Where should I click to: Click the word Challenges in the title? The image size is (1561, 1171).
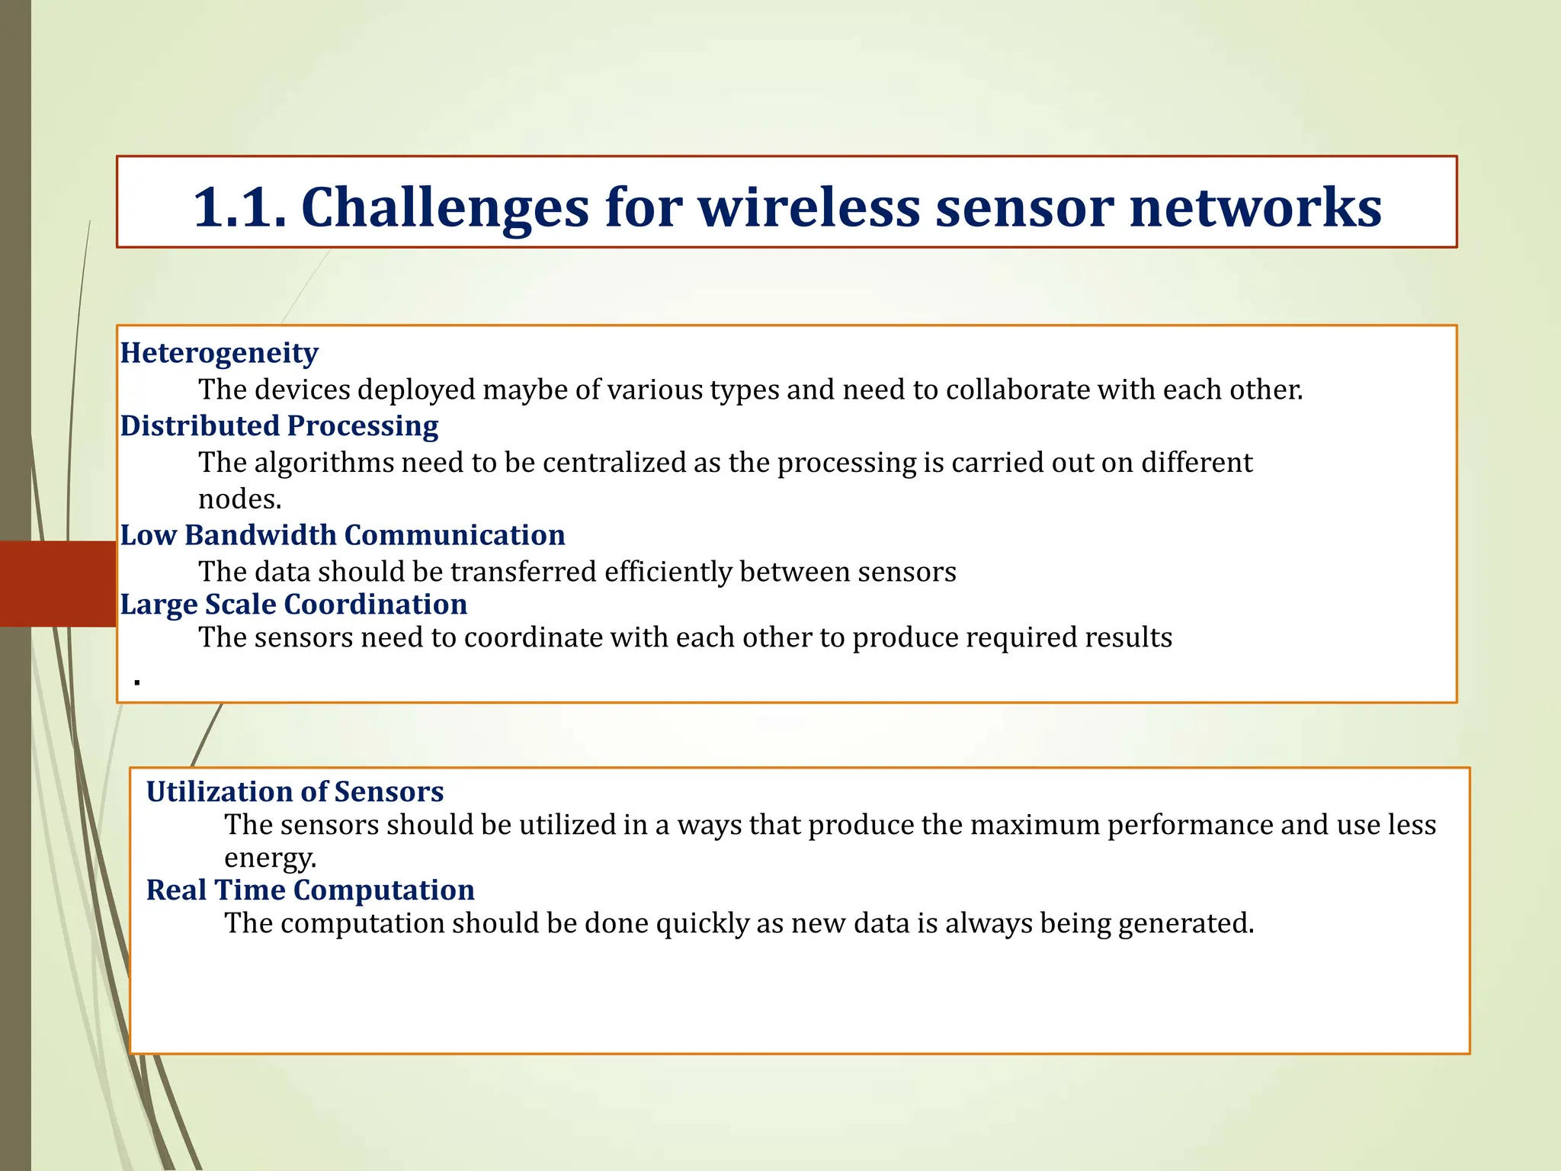[x=445, y=207]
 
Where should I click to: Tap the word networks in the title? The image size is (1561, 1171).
[x=1255, y=207]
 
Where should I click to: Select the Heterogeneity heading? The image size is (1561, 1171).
[x=220, y=353]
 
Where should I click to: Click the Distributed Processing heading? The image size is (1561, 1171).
[x=279, y=426]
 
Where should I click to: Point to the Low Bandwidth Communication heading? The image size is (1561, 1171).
[x=342, y=535]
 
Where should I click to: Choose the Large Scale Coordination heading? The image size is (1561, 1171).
[x=293, y=605]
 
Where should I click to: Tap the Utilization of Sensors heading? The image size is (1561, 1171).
[x=295, y=792]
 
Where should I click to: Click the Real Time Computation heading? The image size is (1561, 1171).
[x=310, y=890]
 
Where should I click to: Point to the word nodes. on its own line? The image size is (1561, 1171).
[x=240, y=499]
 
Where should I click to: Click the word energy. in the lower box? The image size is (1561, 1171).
[x=270, y=858]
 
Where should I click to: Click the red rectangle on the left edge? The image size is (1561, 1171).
[x=57, y=584]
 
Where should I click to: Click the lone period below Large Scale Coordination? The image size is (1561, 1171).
[x=137, y=682]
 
